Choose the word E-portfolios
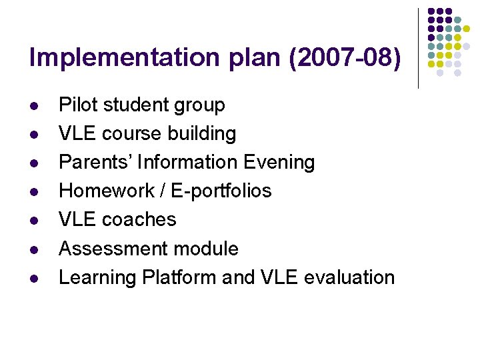(x=221, y=191)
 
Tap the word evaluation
(x=348, y=277)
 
